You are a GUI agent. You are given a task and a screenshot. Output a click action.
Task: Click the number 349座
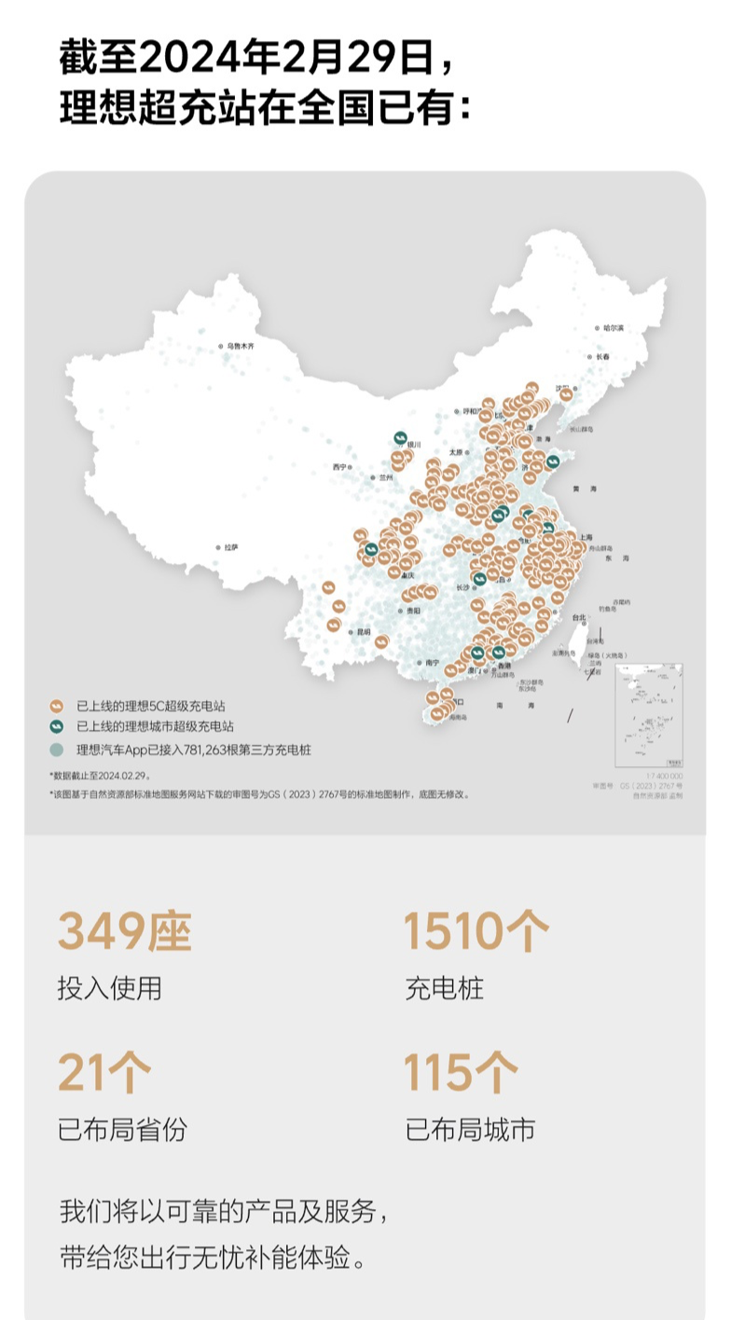[124, 931]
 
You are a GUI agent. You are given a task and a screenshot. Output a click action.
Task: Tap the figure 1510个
[476, 931]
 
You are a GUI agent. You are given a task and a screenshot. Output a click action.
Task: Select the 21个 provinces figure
[103, 1073]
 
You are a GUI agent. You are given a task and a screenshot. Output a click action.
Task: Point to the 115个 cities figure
[460, 1073]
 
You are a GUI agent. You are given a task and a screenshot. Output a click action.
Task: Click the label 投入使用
[109, 988]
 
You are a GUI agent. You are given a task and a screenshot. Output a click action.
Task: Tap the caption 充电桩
[445, 988]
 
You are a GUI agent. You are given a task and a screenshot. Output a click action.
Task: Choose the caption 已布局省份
[122, 1130]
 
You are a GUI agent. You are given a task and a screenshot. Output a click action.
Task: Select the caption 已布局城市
[470, 1130]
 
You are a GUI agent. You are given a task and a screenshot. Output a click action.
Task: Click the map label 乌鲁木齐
[240, 346]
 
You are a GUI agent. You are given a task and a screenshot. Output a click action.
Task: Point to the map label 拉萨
[230, 547]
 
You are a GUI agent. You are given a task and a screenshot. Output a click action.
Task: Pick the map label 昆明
[363, 631]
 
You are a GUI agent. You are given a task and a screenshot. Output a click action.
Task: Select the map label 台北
[579, 616]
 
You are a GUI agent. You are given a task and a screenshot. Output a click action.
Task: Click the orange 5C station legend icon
[57, 707]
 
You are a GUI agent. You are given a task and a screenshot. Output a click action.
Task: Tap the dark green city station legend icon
[57, 726]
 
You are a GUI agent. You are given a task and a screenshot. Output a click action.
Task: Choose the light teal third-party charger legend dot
[57, 748]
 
